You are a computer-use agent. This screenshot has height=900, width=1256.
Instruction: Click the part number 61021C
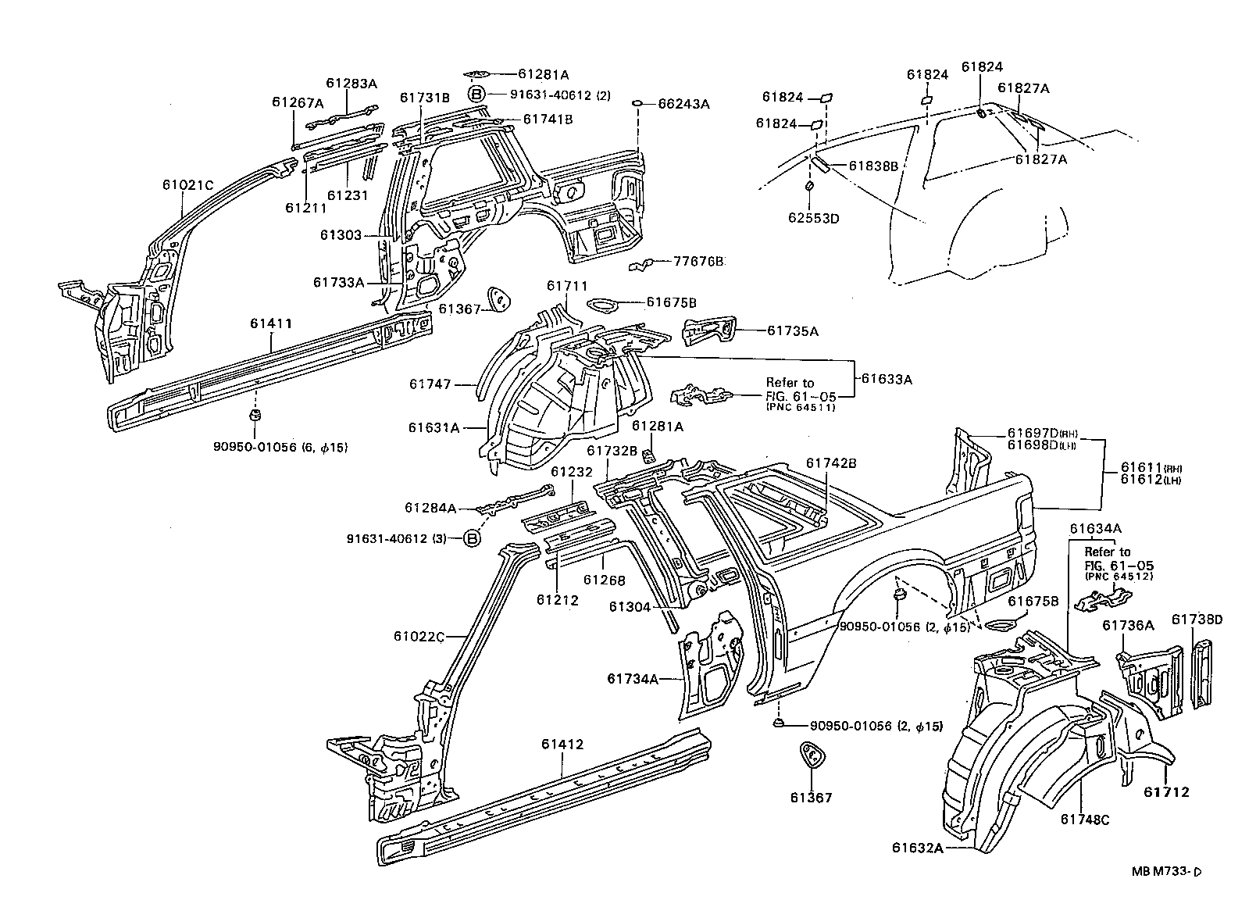(x=187, y=184)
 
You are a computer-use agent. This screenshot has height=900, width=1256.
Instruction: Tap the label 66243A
(x=683, y=104)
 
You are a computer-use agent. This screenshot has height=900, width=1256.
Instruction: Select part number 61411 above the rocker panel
(x=271, y=323)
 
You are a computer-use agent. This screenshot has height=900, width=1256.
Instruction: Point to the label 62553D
(x=814, y=218)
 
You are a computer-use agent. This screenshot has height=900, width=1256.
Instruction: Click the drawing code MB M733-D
(x=1166, y=871)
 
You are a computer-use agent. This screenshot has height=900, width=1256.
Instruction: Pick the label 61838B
(x=873, y=166)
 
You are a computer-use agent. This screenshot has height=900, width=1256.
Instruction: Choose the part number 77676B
(x=698, y=261)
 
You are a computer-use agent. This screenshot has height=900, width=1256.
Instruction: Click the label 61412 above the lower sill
(x=562, y=744)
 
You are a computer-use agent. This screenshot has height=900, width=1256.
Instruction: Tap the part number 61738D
(x=1197, y=619)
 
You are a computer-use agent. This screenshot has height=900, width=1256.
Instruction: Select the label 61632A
(x=918, y=848)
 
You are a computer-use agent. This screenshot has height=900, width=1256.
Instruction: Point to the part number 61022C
(x=419, y=636)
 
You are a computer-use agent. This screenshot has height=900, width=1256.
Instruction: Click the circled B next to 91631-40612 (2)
(x=476, y=95)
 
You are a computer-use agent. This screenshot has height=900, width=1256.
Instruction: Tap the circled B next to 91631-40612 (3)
(x=473, y=539)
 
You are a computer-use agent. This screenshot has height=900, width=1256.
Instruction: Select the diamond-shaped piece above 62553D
(x=809, y=186)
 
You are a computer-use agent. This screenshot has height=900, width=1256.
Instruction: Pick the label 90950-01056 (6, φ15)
(x=280, y=447)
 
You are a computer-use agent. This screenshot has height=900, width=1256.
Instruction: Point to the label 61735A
(x=793, y=330)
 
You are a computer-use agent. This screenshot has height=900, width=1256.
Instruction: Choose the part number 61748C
(x=1085, y=820)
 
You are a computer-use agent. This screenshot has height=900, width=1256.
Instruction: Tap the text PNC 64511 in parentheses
(x=801, y=407)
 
